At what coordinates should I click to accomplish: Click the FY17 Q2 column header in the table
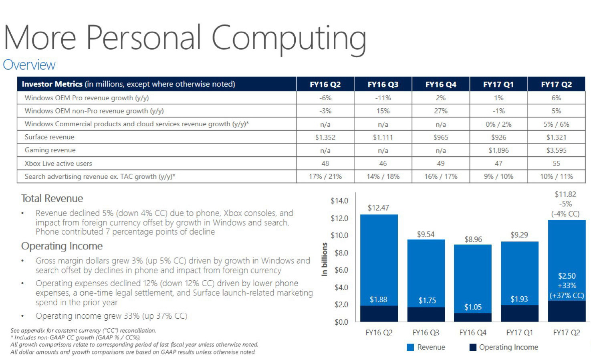click(x=556, y=84)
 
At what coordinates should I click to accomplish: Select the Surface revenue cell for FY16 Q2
click(x=325, y=137)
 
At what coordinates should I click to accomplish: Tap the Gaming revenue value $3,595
click(x=556, y=150)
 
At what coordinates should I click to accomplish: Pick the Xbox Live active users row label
click(x=58, y=164)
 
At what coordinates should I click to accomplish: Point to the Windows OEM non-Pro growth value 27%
click(x=440, y=111)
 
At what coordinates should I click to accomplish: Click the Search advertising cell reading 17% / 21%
click(x=325, y=176)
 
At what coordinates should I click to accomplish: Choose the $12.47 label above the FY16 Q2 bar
click(x=378, y=208)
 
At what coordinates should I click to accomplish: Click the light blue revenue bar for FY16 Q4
click(x=472, y=277)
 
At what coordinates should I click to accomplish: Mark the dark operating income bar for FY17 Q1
click(x=519, y=313)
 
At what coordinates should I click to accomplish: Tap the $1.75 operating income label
click(x=427, y=300)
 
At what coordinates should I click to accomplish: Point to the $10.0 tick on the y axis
click(x=339, y=235)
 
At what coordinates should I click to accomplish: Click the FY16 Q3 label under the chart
click(x=426, y=332)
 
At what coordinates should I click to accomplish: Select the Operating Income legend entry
click(x=508, y=347)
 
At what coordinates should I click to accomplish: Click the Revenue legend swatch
click(x=410, y=347)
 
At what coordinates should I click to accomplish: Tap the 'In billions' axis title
click(x=325, y=259)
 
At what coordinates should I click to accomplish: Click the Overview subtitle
click(x=29, y=65)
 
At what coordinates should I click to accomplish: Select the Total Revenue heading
click(x=52, y=198)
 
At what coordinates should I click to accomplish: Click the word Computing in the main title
click(x=288, y=38)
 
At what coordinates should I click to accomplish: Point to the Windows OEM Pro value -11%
click(x=383, y=98)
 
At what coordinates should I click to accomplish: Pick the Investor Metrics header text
click(x=52, y=84)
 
